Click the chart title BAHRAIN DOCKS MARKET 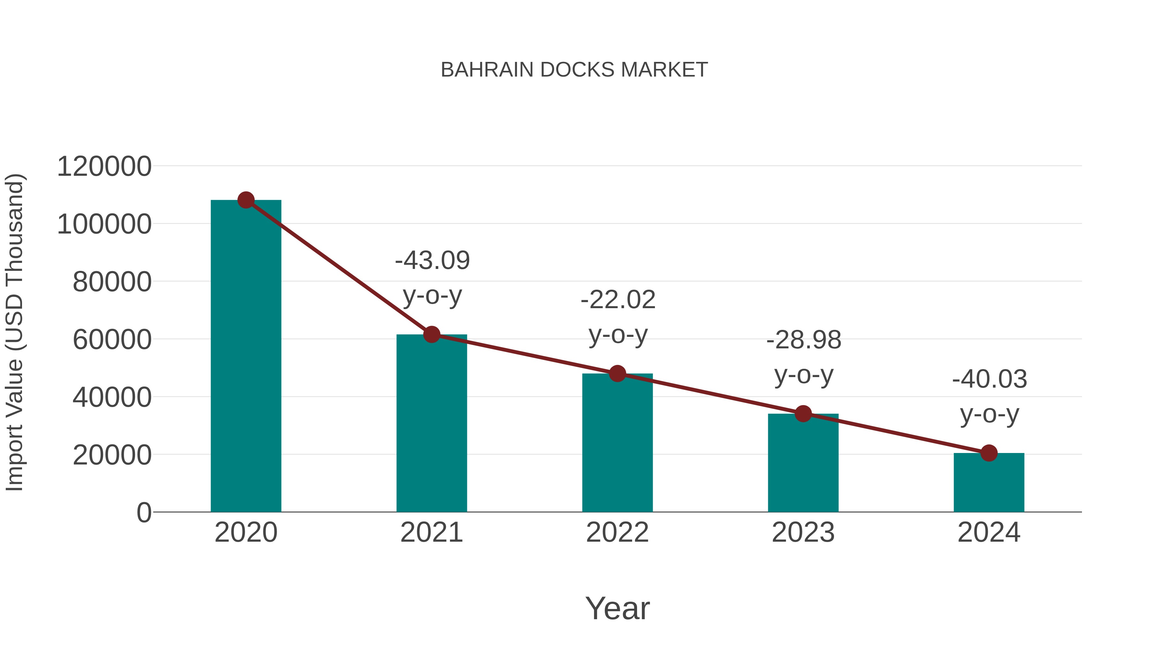574,70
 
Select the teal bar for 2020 246,357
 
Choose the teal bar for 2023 803,463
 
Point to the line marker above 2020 246,200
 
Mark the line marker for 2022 617,374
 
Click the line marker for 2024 989,453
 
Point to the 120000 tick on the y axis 104,167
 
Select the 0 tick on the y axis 144,513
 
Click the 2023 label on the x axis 803,532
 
